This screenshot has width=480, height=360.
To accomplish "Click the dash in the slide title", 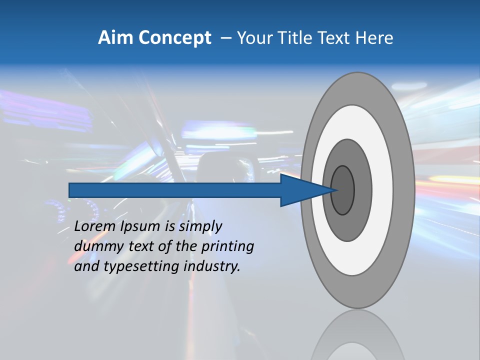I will pyautogui.click(x=225, y=38).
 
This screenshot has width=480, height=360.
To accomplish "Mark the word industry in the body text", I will pyautogui.click(x=212, y=267).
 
